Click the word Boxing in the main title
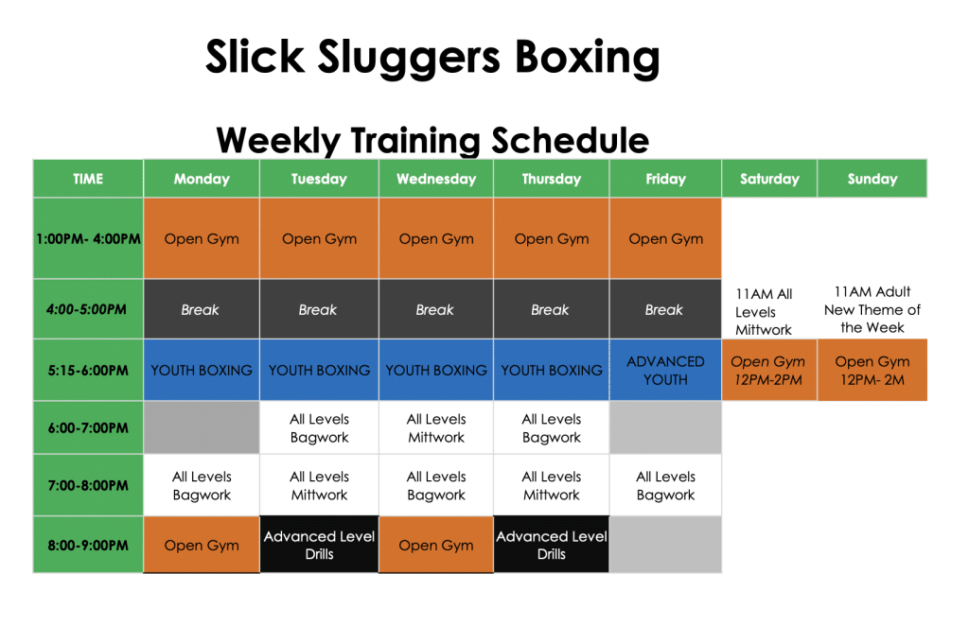pyautogui.click(x=587, y=58)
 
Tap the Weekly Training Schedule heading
pyautogui.click(x=432, y=140)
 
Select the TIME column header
pyautogui.click(x=88, y=179)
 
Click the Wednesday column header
pyautogui.click(x=436, y=179)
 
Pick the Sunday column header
pyautogui.click(x=872, y=179)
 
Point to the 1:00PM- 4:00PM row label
pyautogui.click(x=88, y=239)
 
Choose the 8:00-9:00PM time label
pyautogui.click(x=88, y=545)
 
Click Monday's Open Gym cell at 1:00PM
pyautogui.click(x=202, y=239)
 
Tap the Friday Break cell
pyautogui.click(x=664, y=309)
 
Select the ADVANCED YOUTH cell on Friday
pyautogui.click(x=665, y=370)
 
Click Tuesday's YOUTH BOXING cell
pyautogui.click(x=319, y=370)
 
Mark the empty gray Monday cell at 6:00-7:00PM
pyautogui.click(x=202, y=427)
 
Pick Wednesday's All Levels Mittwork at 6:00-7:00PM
pyautogui.click(x=436, y=427)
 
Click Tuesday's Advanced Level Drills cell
pyautogui.click(x=319, y=545)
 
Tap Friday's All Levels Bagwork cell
pyautogui.click(x=665, y=485)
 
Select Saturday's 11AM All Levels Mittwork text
pyautogui.click(x=764, y=311)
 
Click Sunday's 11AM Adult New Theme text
pyautogui.click(x=872, y=309)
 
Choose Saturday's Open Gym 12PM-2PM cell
pyautogui.click(x=768, y=370)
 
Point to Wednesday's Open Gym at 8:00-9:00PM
pyautogui.click(x=436, y=545)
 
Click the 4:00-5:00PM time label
pyautogui.click(x=88, y=309)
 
